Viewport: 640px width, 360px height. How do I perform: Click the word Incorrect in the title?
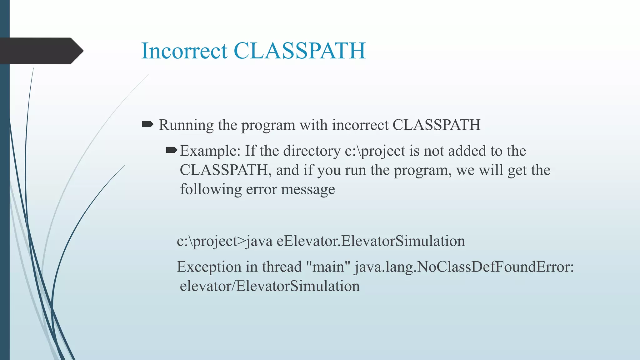(184, 51)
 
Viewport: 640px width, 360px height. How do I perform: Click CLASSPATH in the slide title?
(299, 51)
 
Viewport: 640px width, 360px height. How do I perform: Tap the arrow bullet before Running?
(147, 125)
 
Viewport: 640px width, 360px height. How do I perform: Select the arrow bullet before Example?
(172, 151)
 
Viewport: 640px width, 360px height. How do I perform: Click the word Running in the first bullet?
(186, 125)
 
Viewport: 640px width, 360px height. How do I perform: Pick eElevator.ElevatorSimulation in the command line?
(371, 241)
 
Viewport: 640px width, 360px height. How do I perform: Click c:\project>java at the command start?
(225, 241)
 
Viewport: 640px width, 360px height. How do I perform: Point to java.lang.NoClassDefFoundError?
(464, 267)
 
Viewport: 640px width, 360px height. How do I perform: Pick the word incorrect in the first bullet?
(360, 125)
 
